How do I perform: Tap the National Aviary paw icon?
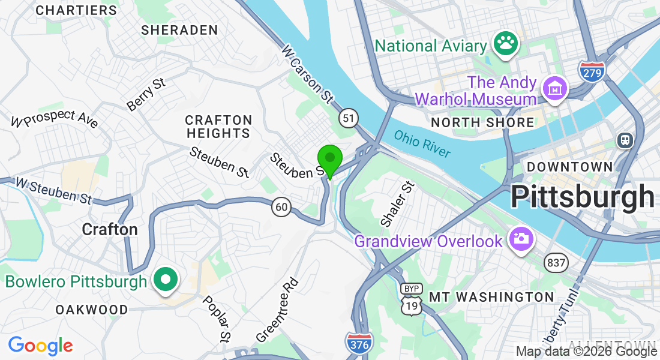pos(506,44)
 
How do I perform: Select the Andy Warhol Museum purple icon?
pos(555,89)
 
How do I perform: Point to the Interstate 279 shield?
pos(592,71)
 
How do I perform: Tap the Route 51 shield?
pos(349,117)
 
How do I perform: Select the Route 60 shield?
pos(281,207)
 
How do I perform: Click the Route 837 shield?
pos(556,262)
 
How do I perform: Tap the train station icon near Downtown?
pos(626,140)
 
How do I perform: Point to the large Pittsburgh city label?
pos(582,196)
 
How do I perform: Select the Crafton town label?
pos(110,229)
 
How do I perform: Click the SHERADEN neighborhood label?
pos(179,30)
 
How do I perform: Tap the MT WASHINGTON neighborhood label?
pos(491,297)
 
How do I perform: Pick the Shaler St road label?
pos(397,204)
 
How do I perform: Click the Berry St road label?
pos(146,94)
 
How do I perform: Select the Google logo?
pos(40,346)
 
